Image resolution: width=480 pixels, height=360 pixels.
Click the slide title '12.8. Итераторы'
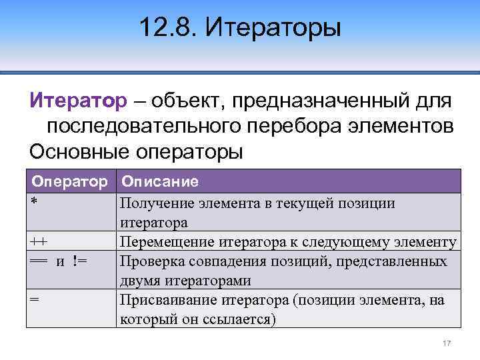click(240, 28)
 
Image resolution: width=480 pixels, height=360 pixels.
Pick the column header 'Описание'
click(160, 181)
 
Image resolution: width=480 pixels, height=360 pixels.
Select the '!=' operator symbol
click(82, 260)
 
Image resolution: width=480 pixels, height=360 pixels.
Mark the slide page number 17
click(447, 343)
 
